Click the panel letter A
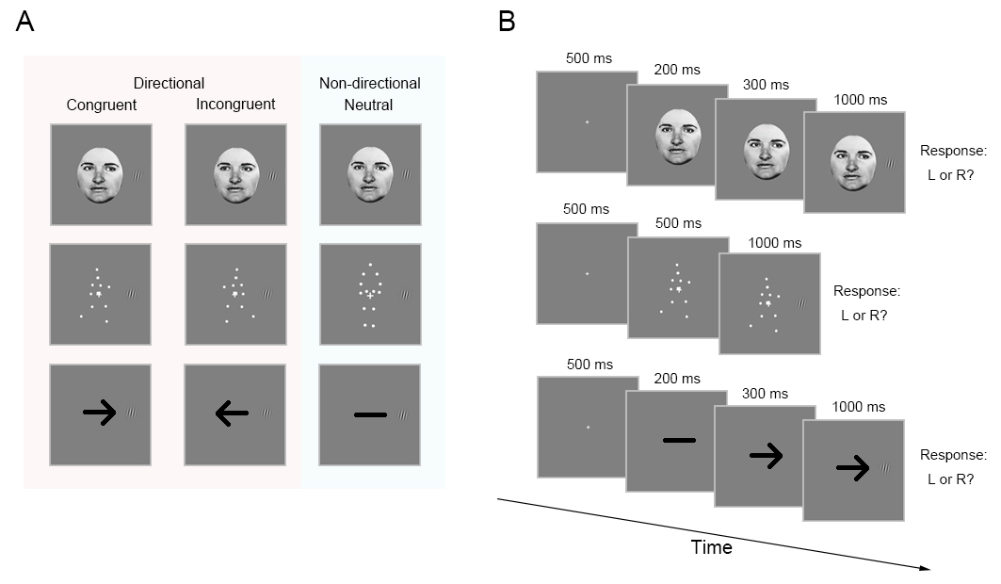(25, 23)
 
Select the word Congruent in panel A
(102, 105)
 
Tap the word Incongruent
(235, 104)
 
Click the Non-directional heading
(370, 83)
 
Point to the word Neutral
(370, 105)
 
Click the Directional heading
(170, 83)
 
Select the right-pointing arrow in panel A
(99, 412)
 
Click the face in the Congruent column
(100, 174)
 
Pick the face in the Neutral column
(369, 174)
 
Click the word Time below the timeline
(711, 547)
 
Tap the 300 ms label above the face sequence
(767, 85)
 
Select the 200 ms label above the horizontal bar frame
(678, 379)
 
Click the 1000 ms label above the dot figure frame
(775, 243)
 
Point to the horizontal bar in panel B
(678, 440)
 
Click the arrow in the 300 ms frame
(767, 456)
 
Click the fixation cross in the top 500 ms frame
(587, 122)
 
